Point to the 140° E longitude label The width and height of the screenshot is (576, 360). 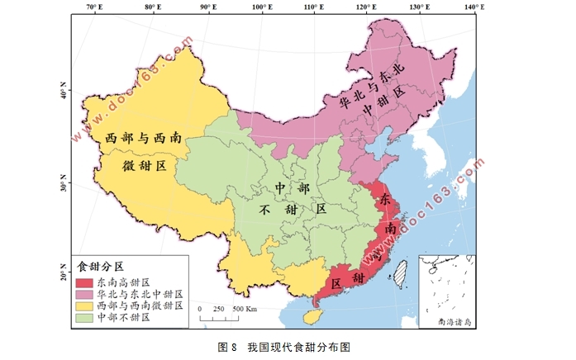click(474, 7)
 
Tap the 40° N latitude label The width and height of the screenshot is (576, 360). click(64, 91)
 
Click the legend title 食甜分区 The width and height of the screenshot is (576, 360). click(100, 267)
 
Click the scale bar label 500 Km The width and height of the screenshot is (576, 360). click(244, 308)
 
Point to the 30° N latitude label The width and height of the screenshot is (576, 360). click(64, 178)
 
